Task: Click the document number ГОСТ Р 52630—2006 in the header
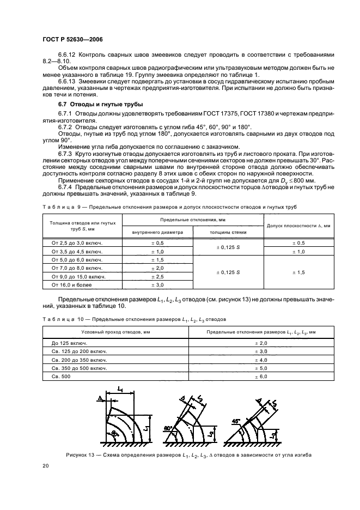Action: point(72,40)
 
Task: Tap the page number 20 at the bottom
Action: point(46,466)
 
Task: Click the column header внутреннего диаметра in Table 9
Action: point(157,232)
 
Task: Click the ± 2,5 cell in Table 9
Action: point(157,277)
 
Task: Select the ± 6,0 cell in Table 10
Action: point(261,376)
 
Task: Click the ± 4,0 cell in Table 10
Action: point(261,360)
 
